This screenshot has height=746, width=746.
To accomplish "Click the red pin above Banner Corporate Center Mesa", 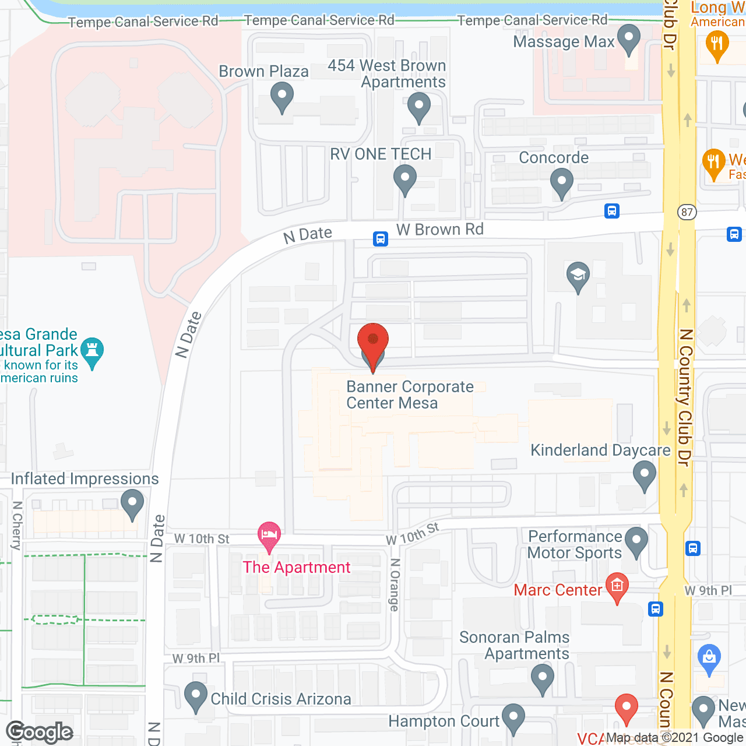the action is [x=372, y=341].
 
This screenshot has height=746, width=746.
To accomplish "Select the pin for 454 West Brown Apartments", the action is [x=418, y=107].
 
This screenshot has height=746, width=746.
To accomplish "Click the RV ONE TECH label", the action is [x=381, y=154].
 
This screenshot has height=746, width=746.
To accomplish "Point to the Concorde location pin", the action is [x=561, y=182].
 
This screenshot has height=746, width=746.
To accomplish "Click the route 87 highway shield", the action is [x=687, y=212].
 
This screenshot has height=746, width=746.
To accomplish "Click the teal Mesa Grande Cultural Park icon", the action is [x=92, y=351].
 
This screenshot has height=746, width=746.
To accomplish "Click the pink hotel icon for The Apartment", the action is [x=269, y=535].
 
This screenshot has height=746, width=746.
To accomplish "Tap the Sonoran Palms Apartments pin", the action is [x=543, y=678].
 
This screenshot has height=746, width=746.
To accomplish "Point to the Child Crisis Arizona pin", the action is [x=196, y=695].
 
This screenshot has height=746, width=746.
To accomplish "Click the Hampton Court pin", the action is [x=513, y=717].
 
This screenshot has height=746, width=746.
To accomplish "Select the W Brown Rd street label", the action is [x=440, y=230].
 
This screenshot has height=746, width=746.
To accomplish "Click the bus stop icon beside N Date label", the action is [x=381, y=238].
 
